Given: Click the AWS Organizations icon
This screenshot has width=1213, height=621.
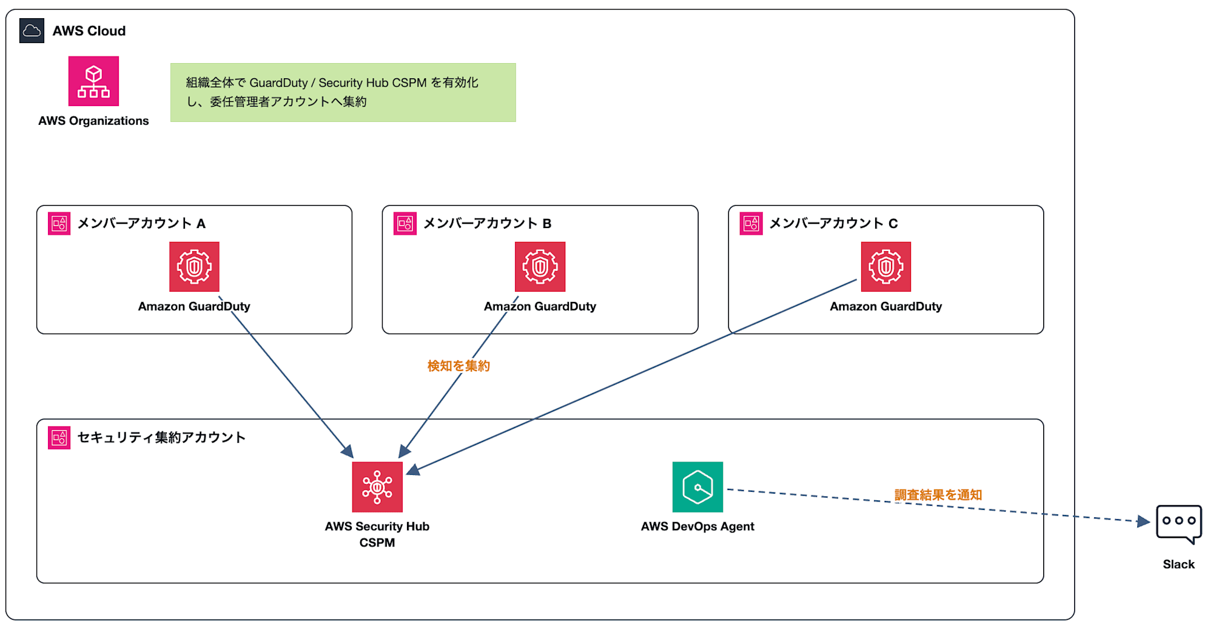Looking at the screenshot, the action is (x=93, y=81).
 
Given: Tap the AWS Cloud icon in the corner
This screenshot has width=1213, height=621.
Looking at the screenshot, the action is (x=32, y=31).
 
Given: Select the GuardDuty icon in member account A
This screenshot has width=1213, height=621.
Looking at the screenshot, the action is (x=194, y=267).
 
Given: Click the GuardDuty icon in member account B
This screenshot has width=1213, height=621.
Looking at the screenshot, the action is (x=540, y=267).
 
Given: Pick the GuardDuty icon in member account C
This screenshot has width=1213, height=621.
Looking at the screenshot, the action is (x=886, y=267).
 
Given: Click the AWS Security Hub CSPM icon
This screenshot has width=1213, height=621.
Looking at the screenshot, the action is (x=377, y=487).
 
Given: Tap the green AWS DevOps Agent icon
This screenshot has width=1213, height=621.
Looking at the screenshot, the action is (x=697, y=487).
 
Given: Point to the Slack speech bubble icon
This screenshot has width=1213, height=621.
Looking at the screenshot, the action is (x=1178, y=523).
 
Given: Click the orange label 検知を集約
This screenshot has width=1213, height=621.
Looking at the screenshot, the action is (x=459, y=366).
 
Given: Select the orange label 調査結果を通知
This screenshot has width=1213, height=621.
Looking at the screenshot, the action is (x=938, y=495).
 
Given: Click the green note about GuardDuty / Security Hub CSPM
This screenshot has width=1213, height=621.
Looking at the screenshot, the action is (x=343, y=92).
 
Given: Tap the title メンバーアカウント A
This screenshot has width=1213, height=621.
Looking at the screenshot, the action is (x=141, y=223).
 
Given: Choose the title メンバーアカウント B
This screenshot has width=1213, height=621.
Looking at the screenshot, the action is (x=487, y=223).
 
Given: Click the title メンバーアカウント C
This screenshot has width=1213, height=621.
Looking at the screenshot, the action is (x=833, y=223).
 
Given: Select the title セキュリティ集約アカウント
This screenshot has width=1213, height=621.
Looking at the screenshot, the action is (x=161, y=437).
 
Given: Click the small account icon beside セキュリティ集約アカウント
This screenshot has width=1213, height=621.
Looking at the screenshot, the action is (x=59, y=438).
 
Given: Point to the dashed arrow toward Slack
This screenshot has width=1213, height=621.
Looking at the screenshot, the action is (x=938, y=505).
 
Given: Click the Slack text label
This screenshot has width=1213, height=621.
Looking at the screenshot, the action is (x=1178, y=564).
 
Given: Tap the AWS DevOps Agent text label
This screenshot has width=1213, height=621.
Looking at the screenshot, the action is (x=697, y=526).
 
